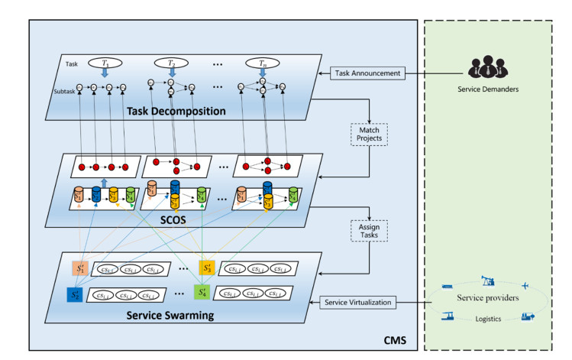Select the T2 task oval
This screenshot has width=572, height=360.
point(171,63)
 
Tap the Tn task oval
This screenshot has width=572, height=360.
point(261,63)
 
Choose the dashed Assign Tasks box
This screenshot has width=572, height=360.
point(369,230)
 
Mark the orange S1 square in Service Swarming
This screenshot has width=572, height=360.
point(80,268)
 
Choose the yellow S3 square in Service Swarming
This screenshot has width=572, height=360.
point(206,268)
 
